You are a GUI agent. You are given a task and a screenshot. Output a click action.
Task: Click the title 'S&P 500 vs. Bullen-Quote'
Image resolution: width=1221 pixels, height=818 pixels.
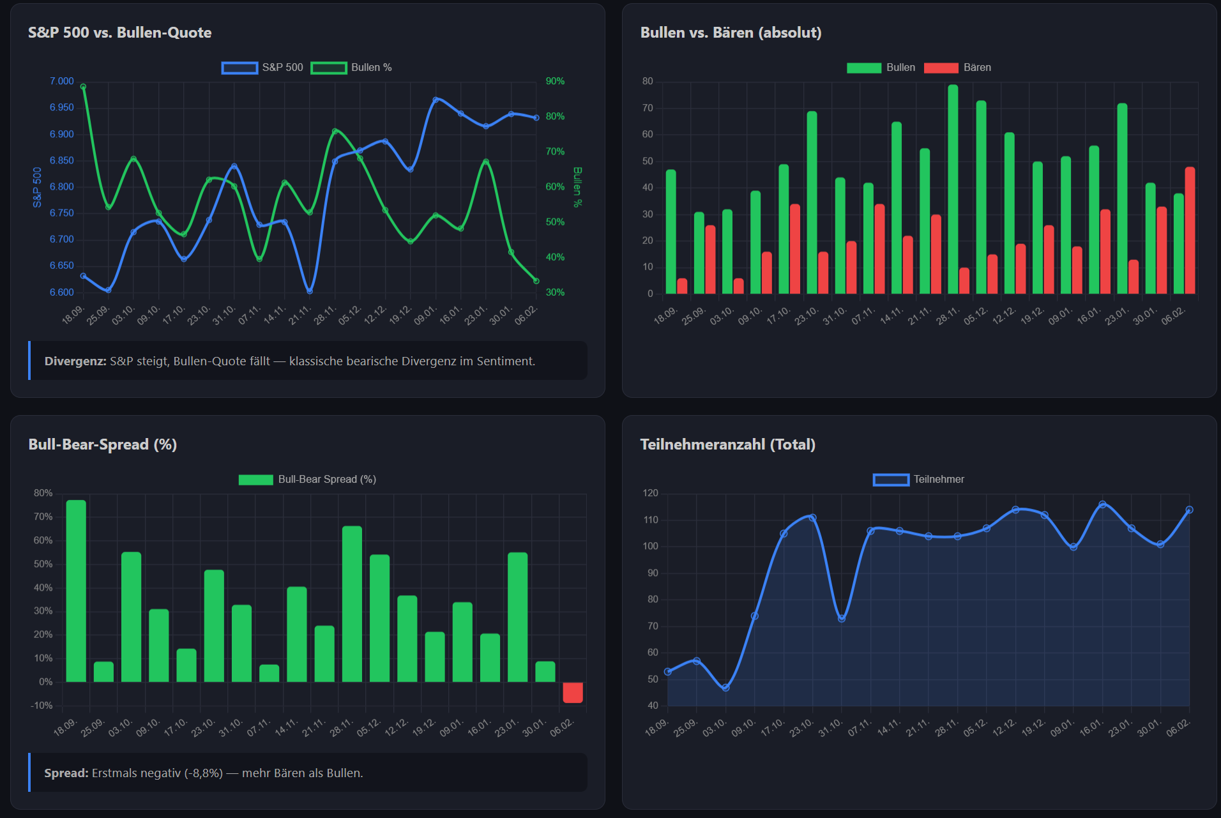(x=119, y=33)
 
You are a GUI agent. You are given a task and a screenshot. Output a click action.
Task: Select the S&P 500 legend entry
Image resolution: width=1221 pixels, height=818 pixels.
(x=262, y=68)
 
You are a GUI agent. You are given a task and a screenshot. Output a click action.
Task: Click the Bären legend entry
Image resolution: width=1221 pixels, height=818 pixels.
(x=957, y=68)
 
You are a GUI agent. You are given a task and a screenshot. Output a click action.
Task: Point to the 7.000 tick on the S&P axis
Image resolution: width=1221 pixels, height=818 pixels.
(x=62, y=81)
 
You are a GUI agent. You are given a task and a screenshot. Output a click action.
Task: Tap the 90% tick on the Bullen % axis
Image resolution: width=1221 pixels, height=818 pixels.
(x=555, y=81)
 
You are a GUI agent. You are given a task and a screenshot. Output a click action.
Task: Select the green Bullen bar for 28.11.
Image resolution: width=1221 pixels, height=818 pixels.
(x=953, y=189)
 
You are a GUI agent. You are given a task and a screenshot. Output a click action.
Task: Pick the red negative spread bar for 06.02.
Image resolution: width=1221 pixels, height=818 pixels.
(x=573, y=693)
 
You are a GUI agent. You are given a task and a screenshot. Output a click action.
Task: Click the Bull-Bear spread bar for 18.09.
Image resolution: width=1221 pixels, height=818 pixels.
(x=76, y=591)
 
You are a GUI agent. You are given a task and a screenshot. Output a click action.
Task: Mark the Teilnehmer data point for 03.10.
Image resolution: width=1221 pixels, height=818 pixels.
(x=725, y=688)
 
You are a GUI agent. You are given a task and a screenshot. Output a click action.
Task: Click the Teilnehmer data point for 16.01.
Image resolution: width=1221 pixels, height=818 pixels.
(x=1102, y=504)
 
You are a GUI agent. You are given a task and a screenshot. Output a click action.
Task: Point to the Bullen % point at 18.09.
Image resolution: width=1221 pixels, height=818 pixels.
(x=83, y=87)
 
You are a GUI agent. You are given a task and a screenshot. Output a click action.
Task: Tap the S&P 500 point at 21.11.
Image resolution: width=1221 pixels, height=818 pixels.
(x=310, y=291)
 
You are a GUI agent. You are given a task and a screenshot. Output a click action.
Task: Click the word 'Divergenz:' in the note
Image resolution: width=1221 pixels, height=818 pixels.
(x=75, y=361)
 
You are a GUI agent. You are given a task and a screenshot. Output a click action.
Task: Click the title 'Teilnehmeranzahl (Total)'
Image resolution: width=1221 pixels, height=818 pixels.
(x=727, y=444)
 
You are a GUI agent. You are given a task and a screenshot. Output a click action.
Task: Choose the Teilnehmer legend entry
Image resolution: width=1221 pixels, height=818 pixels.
(x=919, y=480)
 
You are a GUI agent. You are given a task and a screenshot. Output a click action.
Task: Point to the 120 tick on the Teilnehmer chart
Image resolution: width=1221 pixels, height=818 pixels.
(x=650, y=493)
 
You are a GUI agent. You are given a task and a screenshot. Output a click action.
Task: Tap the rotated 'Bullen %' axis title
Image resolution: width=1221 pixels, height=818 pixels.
(x=577, y=187)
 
